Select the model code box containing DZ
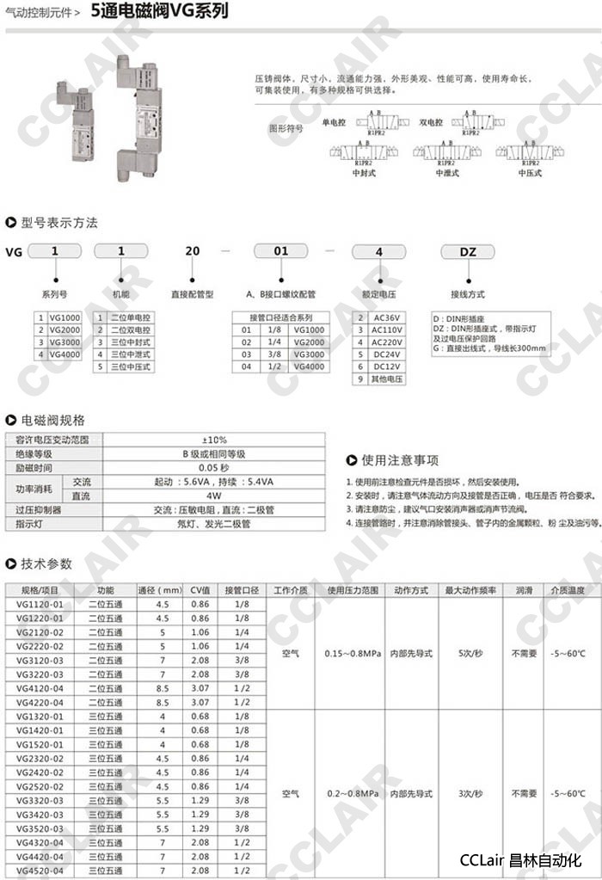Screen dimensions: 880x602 click(x=468, y=252)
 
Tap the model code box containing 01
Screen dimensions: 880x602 click(x=280, y=251)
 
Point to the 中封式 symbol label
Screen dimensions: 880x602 click(x=365, y=173)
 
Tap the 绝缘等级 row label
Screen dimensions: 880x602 click(x=35, y=453)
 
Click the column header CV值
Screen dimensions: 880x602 click(x=200, y=590)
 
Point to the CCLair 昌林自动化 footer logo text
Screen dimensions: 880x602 click(x=521, y=860)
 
